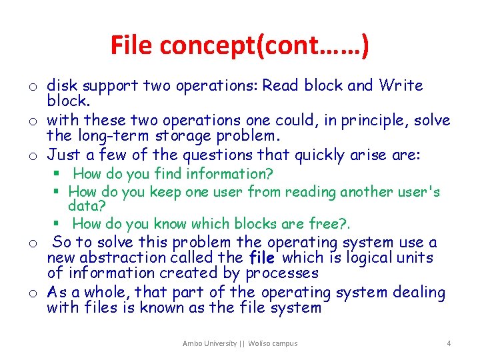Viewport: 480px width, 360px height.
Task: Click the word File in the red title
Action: point(131,45)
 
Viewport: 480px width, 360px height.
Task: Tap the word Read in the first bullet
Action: point(280,86)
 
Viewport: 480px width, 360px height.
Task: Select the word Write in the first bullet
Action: point(401,86)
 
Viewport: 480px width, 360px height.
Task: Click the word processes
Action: point(282,273)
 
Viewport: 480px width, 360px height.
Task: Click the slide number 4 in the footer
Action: point(449,343)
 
